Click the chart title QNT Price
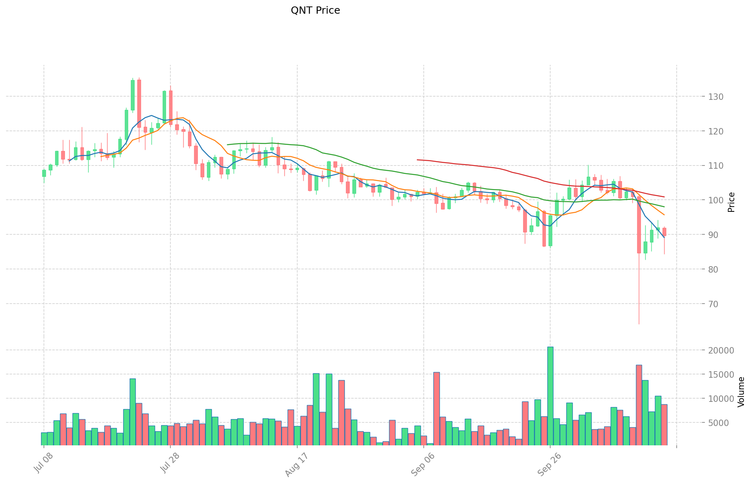(315, 10)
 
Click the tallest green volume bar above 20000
(550, 396)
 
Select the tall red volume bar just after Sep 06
(436, 409)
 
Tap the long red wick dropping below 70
(639, 290)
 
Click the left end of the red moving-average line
(417, 160)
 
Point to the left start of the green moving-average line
(228, 145)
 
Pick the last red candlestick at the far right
(664, 232)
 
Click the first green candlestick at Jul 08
(44, 173)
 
